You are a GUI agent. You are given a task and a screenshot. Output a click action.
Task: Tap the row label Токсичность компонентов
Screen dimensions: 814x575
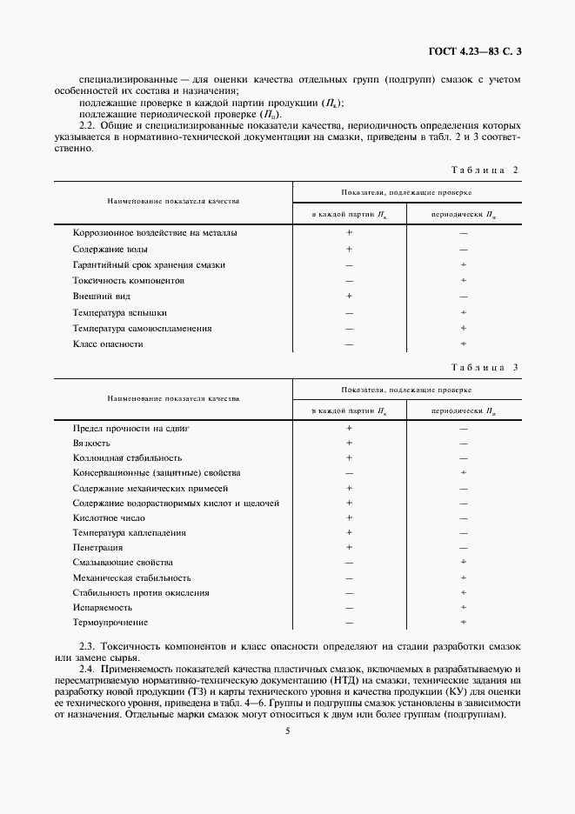124,280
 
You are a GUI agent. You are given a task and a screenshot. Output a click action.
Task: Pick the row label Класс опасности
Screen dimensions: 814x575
108,344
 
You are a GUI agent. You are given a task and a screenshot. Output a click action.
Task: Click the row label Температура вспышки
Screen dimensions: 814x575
120,312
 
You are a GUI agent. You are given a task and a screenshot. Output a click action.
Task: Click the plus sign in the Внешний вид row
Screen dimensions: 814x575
349,296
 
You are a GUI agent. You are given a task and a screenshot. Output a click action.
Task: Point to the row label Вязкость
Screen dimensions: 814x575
91,443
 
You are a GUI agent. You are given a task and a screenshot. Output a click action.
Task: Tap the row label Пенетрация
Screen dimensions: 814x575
97,548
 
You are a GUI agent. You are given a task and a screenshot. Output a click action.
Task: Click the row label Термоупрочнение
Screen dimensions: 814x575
110,623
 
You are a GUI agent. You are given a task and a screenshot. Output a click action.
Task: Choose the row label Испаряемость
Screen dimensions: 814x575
103,607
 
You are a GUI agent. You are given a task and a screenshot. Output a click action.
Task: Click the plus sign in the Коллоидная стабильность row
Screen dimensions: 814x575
349,457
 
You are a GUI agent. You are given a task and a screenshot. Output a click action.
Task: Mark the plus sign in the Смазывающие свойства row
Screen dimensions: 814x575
464,563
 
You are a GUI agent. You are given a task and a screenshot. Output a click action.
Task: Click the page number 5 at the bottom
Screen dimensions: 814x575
287,731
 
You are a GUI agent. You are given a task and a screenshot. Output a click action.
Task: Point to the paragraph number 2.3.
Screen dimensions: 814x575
86,649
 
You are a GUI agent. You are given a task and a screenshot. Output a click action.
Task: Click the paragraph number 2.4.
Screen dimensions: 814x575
86,670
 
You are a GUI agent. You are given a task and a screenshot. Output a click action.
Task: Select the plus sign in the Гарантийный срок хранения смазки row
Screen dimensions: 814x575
464,264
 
